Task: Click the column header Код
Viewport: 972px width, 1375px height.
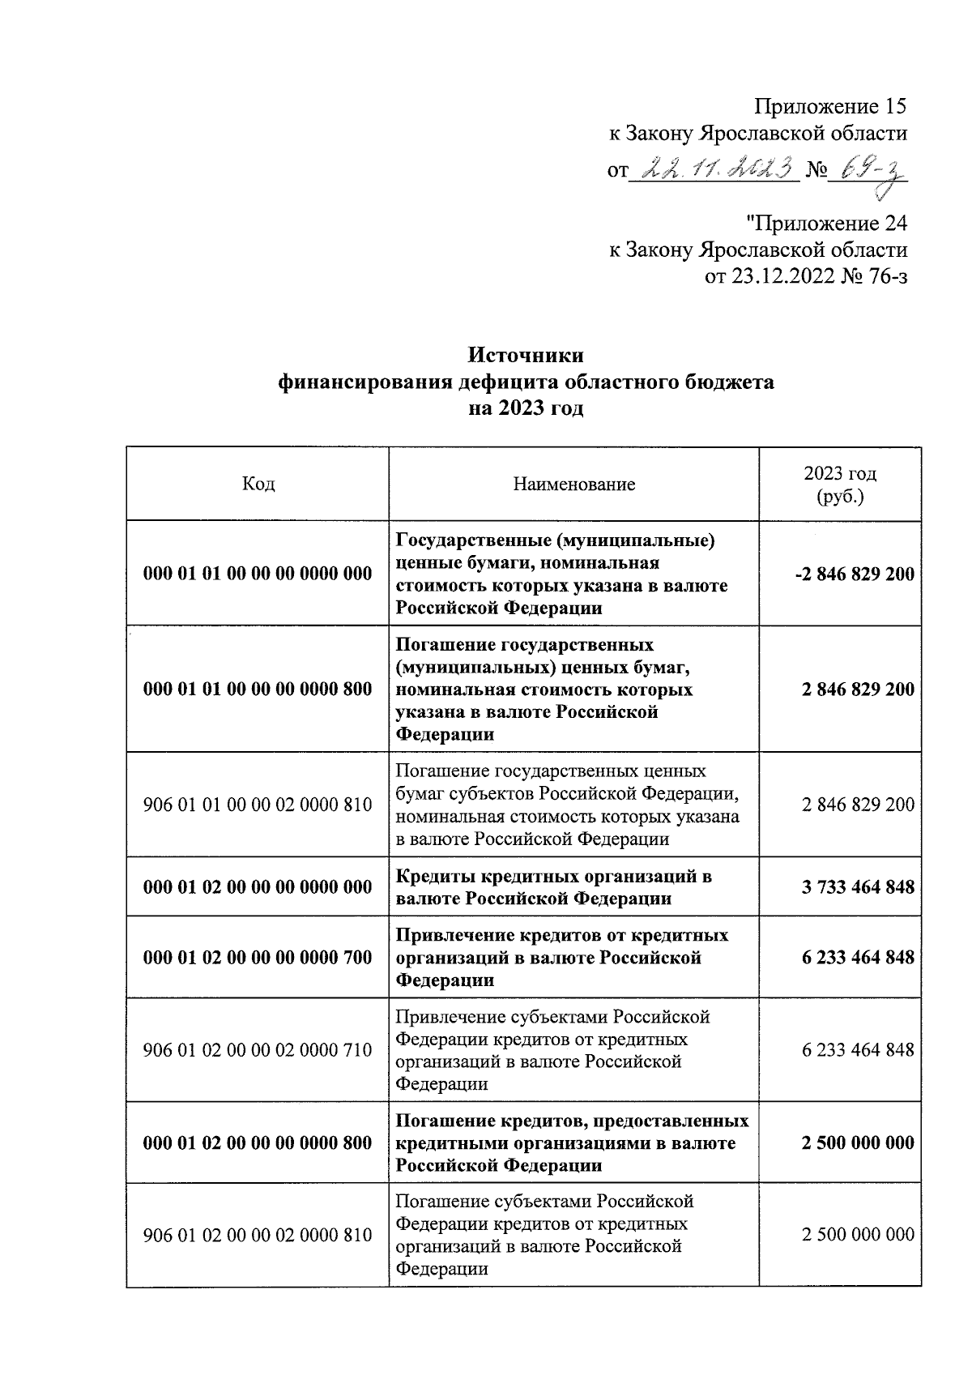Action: (258, 485)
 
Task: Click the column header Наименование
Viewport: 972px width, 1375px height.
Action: (573, 485)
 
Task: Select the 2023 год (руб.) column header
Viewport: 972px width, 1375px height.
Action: (840, 485)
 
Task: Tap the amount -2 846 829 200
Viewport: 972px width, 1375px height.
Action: (854, 574)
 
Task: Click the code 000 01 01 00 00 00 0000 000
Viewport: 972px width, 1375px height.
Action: (258, 574)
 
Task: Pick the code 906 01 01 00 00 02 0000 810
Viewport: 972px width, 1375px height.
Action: (258, 805)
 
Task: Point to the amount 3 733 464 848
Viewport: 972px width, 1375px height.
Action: (858, 887)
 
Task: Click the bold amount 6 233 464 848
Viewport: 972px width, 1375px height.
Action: (858, 958)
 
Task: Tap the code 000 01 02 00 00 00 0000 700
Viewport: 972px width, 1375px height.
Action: (258, 958)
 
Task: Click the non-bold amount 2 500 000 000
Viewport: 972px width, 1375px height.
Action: (858, 1235)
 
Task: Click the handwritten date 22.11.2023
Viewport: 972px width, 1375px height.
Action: (716, 169)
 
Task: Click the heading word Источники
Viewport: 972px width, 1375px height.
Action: (526, 356)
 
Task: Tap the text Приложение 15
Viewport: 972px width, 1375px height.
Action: (829, 106)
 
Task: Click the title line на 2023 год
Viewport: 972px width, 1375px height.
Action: (526, 408)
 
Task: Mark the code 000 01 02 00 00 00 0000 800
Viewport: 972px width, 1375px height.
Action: (258, 1143)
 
